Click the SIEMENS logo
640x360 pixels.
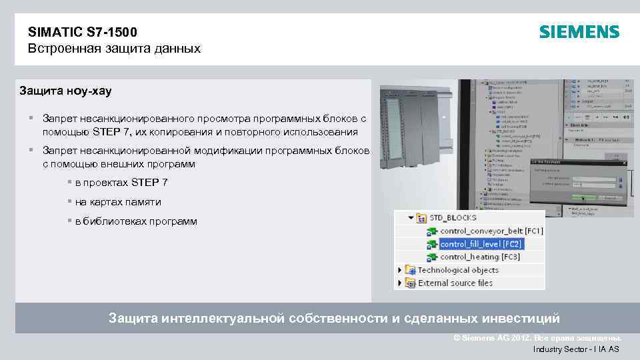[x=579, y=32]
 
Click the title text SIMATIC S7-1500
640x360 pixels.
[x=83, y=32]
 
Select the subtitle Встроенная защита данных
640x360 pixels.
[x=114, y=49]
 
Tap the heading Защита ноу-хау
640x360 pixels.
[x=65, y=90]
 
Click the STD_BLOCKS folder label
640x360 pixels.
[x=453, y=218]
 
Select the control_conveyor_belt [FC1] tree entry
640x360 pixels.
[x=491, y=231]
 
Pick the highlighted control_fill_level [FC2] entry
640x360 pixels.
[x=481, y=244]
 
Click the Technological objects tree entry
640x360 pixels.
[x=458, y=270]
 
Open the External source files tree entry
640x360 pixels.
[x=455, y=283]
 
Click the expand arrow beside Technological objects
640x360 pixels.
[x=400, y=270]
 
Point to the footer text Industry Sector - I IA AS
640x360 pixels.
[x=575, y=349]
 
